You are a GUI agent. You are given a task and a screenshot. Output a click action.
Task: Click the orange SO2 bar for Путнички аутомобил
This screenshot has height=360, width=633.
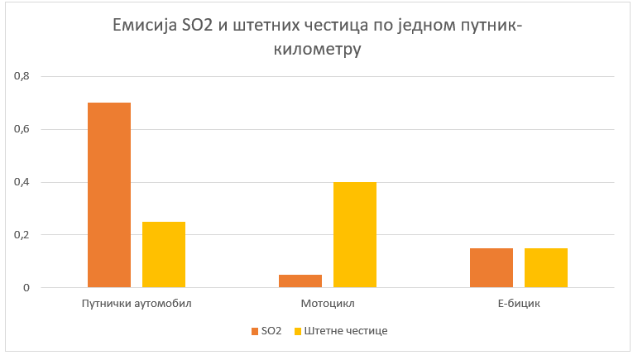coord(108,195)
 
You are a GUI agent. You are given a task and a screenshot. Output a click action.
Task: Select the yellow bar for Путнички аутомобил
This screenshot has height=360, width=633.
coord(163,255)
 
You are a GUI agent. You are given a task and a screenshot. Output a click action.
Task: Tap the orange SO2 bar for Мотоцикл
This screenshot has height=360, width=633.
coord(300,281)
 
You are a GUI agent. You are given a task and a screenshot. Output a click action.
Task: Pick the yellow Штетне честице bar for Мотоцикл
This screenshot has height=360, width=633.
coord(354,235)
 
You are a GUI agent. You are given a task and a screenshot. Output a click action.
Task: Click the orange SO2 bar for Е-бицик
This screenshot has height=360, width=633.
coord(491,268)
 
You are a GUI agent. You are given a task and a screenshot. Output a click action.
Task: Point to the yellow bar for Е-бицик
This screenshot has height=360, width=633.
coord(545,268)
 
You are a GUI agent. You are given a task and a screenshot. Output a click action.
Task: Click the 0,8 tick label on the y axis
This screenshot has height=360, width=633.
coord(21,76)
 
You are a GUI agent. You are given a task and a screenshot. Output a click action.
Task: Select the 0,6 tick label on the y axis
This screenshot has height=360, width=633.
coord(21,129)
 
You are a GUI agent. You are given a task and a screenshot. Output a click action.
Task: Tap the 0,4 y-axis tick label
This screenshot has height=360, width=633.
coord(21,182)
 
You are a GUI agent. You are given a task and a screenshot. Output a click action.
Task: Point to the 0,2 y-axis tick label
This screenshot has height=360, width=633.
coord(21,235)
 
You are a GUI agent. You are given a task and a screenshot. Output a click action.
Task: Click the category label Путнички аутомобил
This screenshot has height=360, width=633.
coord(137,304)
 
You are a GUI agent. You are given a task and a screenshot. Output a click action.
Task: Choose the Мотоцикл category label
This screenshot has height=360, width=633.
coord(328,304)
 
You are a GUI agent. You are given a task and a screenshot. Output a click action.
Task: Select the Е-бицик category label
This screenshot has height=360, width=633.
coord(518,304)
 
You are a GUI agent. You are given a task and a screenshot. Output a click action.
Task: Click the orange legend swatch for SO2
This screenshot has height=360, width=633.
coord(254,331)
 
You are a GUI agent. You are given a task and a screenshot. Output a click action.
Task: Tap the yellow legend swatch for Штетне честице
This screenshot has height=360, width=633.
coord(298,331)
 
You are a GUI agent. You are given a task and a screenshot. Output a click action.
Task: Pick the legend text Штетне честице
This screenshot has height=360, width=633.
coord(346,331)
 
